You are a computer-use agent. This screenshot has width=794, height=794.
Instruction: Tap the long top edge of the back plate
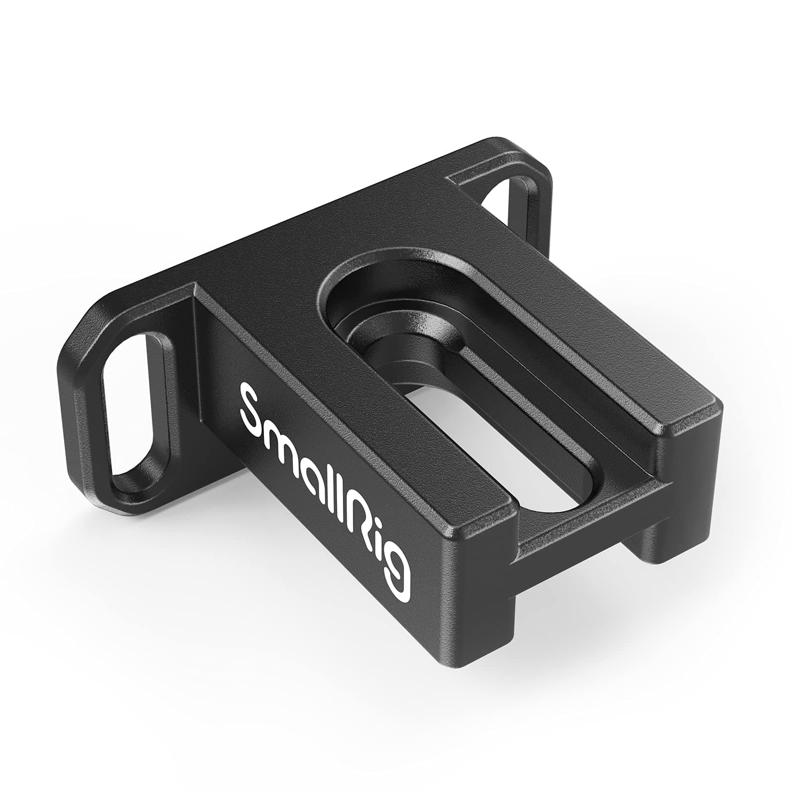(298, 223)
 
